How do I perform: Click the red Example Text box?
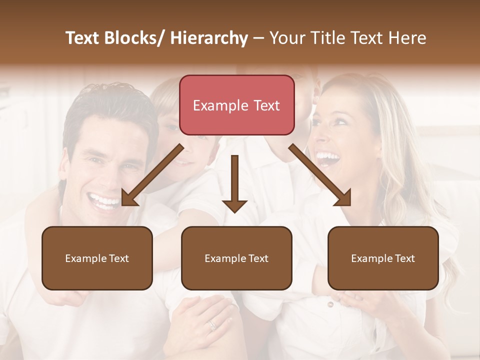pyautogui.click(x=236, y=105)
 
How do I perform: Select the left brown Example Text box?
pyautogui.click(x=97, y=258)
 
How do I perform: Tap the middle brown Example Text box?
pyautogui.click(x=236, y=258)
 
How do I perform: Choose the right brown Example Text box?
pyautogui.click(x=383, y=258)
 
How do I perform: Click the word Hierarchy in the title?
pyautogui.click(x=209, y=38)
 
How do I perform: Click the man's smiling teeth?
pyautogui.click(x=104, y=201)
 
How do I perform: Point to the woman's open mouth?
pyautogui.click(x=328, y=158)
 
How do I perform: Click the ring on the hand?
pyautogui.click(x=212, y=325)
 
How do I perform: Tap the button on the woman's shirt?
pyautogui.click(x=330, y=304)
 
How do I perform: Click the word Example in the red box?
pyautogui.click(x=214, y=105)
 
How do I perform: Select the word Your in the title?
pyautogui.click(x=285, y=38)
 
